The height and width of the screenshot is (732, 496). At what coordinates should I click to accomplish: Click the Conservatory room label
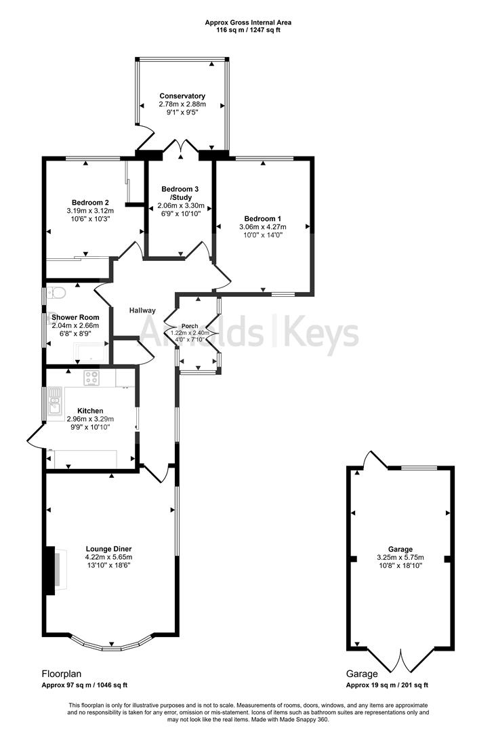[x=182, y=96]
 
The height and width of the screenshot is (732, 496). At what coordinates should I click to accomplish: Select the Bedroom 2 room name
[x=90, y=202]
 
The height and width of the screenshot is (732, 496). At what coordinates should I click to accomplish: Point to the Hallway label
[x=143, y=310]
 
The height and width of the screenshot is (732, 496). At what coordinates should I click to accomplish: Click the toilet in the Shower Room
[x=57, y=293]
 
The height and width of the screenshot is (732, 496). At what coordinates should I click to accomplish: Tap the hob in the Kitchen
[x=91, y=378]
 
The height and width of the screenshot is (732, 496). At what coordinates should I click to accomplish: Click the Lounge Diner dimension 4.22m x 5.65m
[x=108, y=557]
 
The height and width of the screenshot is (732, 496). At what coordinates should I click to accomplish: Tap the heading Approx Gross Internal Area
[x=249, y=22]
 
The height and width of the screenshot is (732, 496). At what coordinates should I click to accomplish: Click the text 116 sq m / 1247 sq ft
[x=249, y=30]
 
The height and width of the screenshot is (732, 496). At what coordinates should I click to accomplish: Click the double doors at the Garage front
[x=400, y=662]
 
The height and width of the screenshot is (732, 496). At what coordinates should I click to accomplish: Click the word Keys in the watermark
[x=321, y=334]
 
